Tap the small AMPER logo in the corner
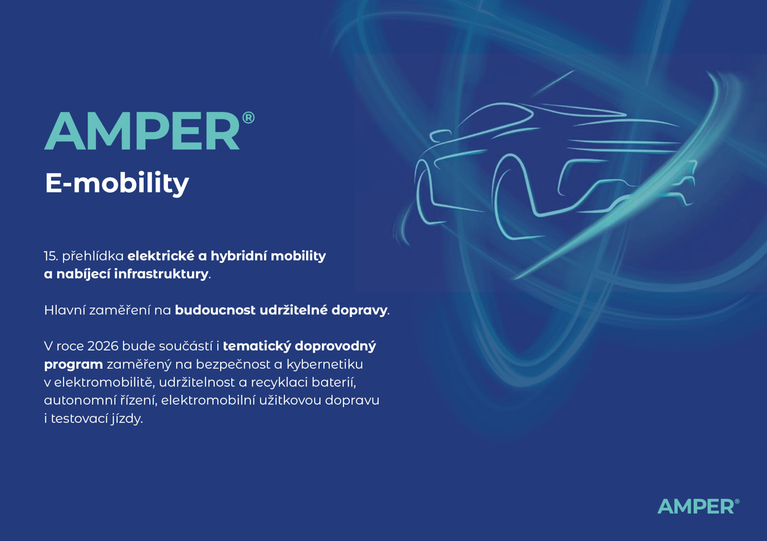pos(698,506)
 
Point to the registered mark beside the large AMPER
pos(248,118)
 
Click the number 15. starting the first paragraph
pos(51,256)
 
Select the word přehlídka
pos(93,256)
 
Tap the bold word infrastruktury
pos(161,274)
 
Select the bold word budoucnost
pos(215,310)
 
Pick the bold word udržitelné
pos(294,310)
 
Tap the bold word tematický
pos(257,346)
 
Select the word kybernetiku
pos(325,364)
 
